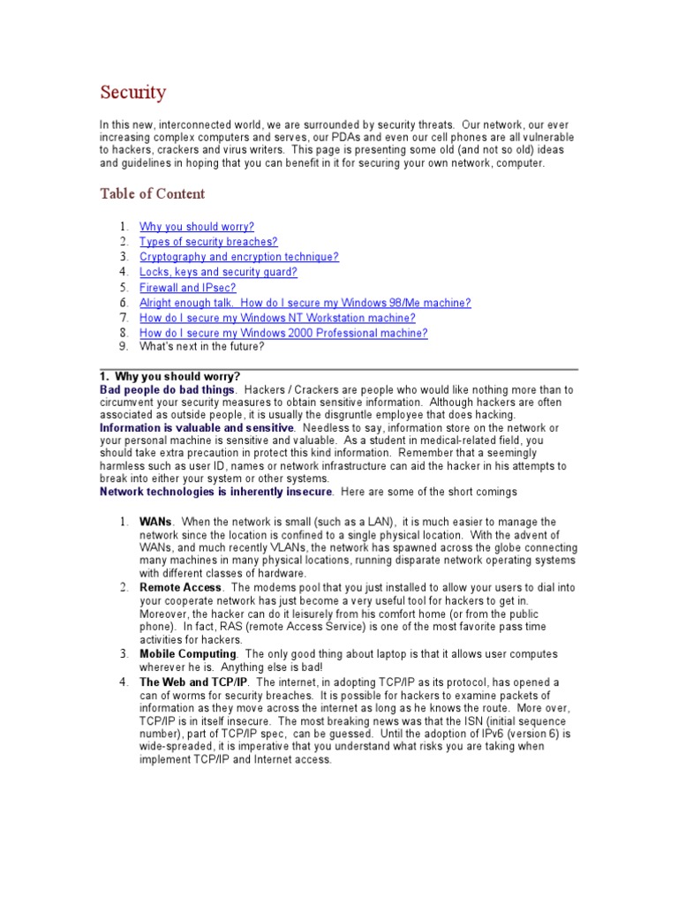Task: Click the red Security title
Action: click(132, 92)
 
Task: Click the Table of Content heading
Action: click(152, 193)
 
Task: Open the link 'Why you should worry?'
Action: click(197, 227)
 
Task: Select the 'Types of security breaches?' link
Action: click(208, 242)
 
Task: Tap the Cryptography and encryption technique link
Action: click(239, 257)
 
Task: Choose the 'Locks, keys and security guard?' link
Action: click(218, 272)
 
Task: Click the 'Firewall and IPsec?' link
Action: click(188, 288)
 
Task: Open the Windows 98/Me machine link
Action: click(305, 303)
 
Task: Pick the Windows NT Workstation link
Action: click(277, 318)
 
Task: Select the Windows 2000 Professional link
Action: click(283, 333)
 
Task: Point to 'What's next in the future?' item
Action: click(201, 347)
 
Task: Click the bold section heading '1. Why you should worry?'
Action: click(169, 377)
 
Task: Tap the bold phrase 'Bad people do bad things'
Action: click(168, 389)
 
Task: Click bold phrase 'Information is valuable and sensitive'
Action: click(196, 428)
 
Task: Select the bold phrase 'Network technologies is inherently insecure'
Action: click(216, 491)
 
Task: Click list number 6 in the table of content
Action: click(124, 303)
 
